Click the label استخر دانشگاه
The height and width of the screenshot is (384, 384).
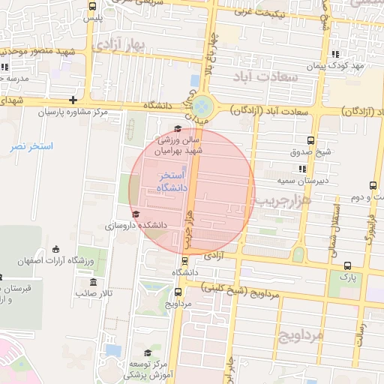tap(172, 181)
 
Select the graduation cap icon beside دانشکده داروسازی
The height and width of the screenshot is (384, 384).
tap(135, 215)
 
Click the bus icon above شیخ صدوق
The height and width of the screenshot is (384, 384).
tap(311, 139)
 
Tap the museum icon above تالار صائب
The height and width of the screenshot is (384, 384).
tap(94, 282)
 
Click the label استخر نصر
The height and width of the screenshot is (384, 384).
tap(31, 145)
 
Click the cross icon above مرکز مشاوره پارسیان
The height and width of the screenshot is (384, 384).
tap(73, 100)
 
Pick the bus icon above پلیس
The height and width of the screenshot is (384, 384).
tap(93, 6)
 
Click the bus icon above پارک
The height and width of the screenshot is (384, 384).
tap(347, 265)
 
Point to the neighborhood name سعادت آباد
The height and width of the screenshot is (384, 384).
tap(266, 77)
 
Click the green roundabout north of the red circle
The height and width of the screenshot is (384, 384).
tap(203, 107)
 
